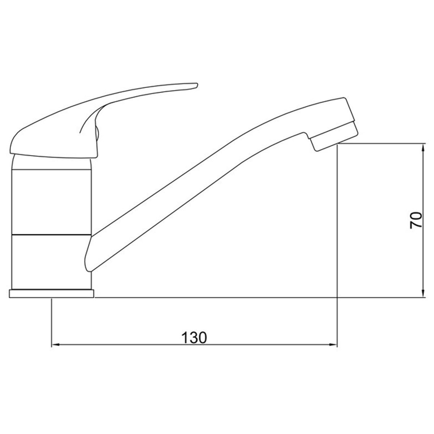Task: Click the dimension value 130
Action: (x=194, y=338)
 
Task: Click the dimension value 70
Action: (x=415, y=220)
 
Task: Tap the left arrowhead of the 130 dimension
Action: (x=55, y=351)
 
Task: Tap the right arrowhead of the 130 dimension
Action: (x=333, y=351)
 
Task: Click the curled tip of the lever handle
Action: (x=196, y=86)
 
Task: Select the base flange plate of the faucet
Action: (x=51, y=294)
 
